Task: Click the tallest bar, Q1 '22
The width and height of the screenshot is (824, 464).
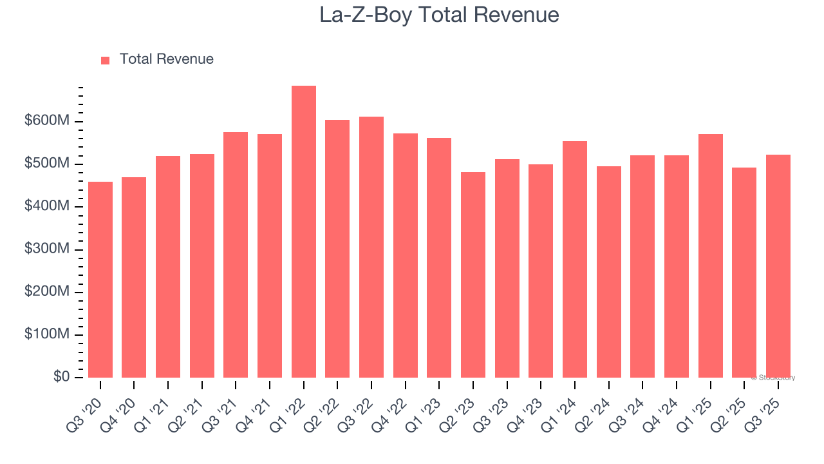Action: point(304,232)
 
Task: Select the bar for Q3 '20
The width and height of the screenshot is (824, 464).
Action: point(100,280)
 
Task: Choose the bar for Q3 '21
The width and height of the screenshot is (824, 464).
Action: point(236,255)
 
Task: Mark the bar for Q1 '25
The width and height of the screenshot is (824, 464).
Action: point(711,256)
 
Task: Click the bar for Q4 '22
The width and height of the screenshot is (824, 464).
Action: point(406,255)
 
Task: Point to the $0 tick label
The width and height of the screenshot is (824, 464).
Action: point(62,377)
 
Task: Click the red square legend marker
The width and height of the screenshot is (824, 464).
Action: point(106,60)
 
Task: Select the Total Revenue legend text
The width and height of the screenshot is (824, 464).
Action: point(166,59)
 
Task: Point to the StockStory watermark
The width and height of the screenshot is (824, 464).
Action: point(773,378)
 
